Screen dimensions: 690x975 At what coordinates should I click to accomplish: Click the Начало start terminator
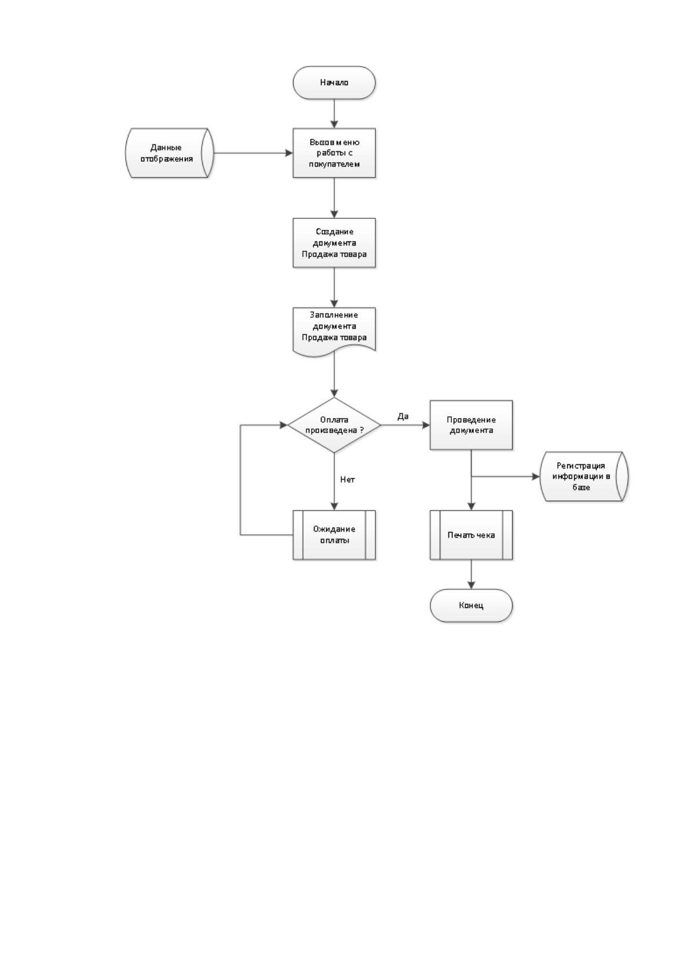[x=334, y=83]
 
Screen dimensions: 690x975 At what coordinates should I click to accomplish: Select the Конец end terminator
[x=472, y=606]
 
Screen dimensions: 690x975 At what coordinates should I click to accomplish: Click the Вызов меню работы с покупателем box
[x=334, y=153]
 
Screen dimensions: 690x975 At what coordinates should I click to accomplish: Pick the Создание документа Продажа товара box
[x=334, y=243]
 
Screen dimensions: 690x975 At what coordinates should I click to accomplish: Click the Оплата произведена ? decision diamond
[x=334, y=425]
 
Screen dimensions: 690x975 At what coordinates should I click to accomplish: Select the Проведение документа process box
[x=472, y=425]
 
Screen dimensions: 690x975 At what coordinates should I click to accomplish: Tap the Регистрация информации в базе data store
[x=584, y=476]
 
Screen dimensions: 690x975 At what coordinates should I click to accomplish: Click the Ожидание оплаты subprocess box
[x=334, y=535]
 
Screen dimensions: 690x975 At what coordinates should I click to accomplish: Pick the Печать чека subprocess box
[x=472, y=535]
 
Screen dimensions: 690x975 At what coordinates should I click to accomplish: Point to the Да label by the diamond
[x=403, y=416]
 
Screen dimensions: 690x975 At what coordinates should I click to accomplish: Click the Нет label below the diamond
[x=347, y=479]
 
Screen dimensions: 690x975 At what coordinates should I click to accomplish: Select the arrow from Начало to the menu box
[x=334, y=113]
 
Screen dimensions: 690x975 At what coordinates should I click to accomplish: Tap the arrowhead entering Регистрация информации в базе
[x=536, y=476]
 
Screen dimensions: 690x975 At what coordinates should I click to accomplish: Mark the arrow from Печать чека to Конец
[x=472, y=574]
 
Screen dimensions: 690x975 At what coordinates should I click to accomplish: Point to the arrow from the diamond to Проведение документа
[x=406, y=425]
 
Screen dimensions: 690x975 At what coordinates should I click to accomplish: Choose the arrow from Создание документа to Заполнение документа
[x=334, y=288]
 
